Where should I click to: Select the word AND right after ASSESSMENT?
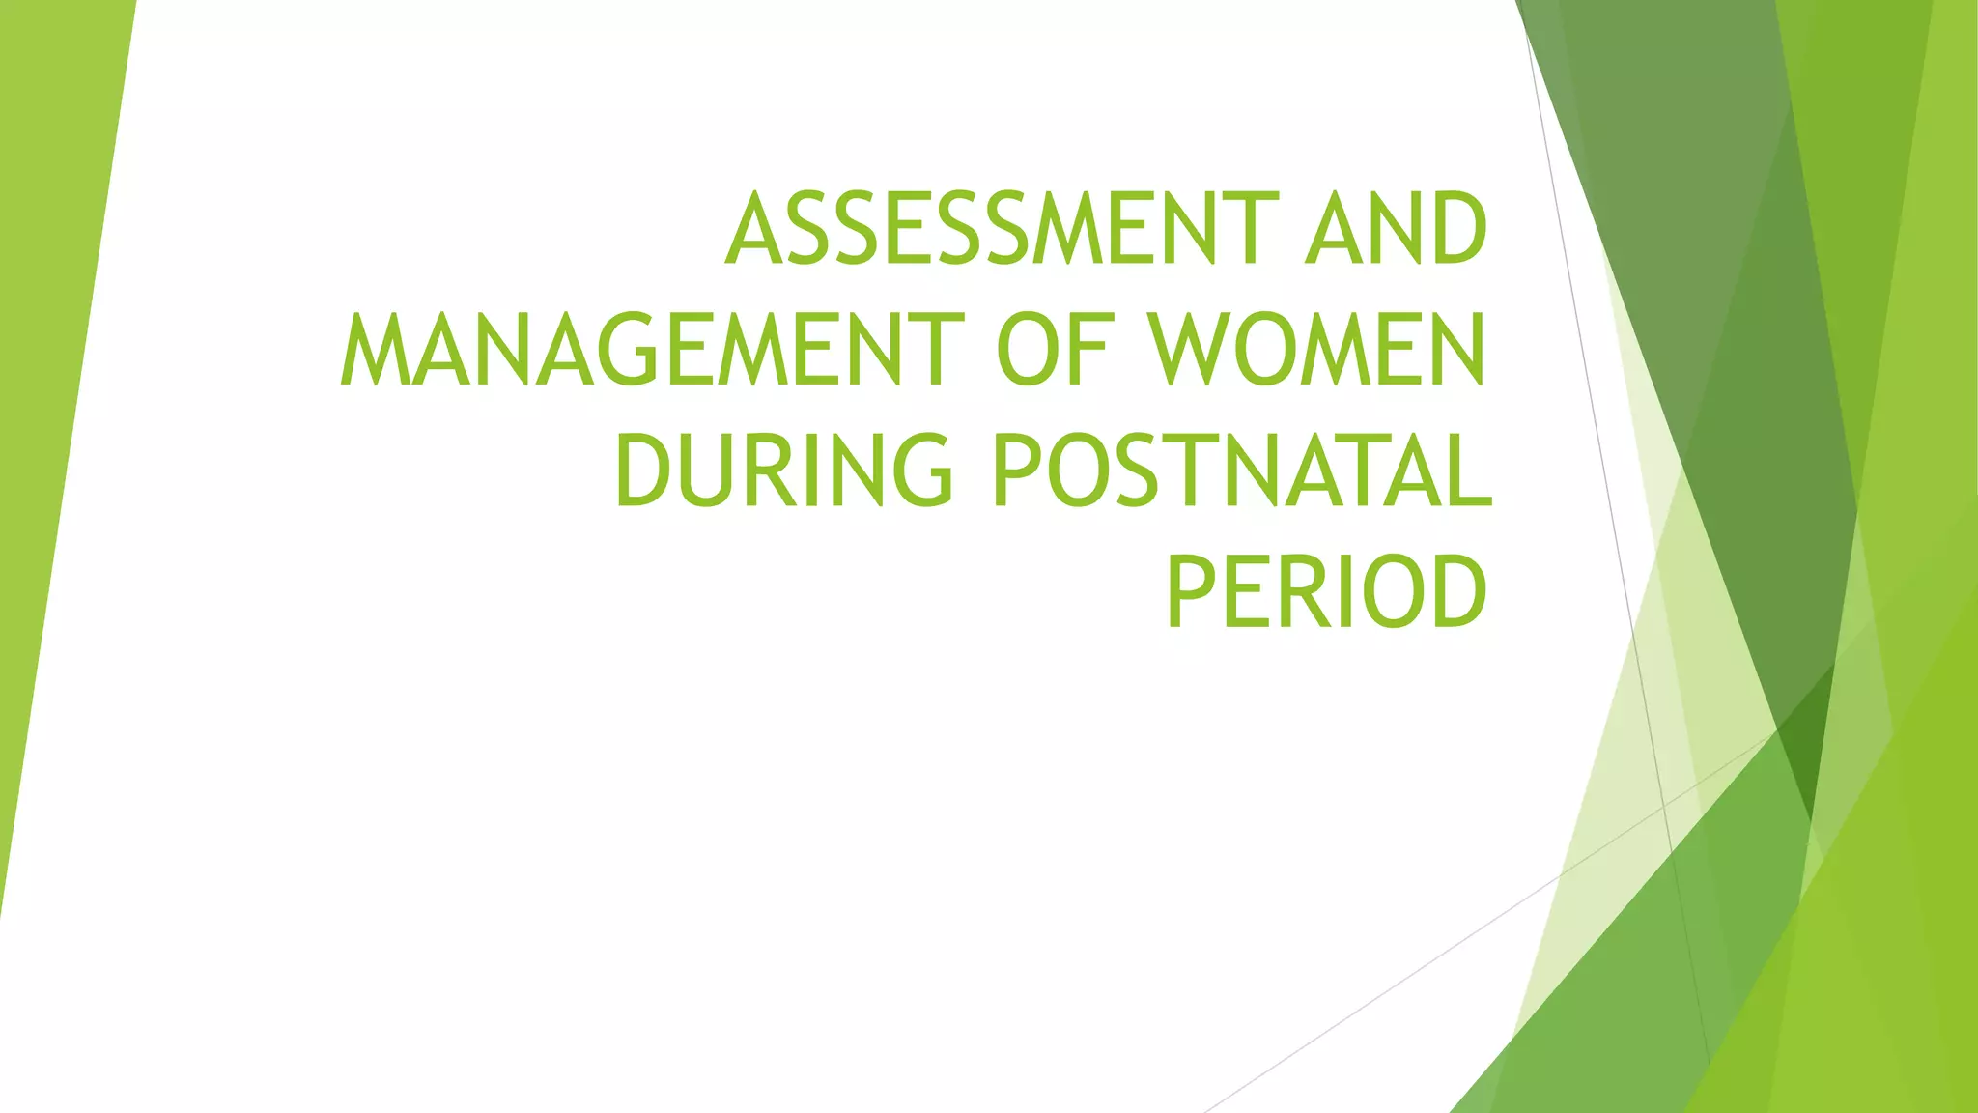tap(1396, 229)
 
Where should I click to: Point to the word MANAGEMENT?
tap(653, 350)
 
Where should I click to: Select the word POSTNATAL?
tap(1242, 471)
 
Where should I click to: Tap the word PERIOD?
tap(1327, 591)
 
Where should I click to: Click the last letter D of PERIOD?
tap(1457, 591)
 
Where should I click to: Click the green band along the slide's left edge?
tap(48, 386)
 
